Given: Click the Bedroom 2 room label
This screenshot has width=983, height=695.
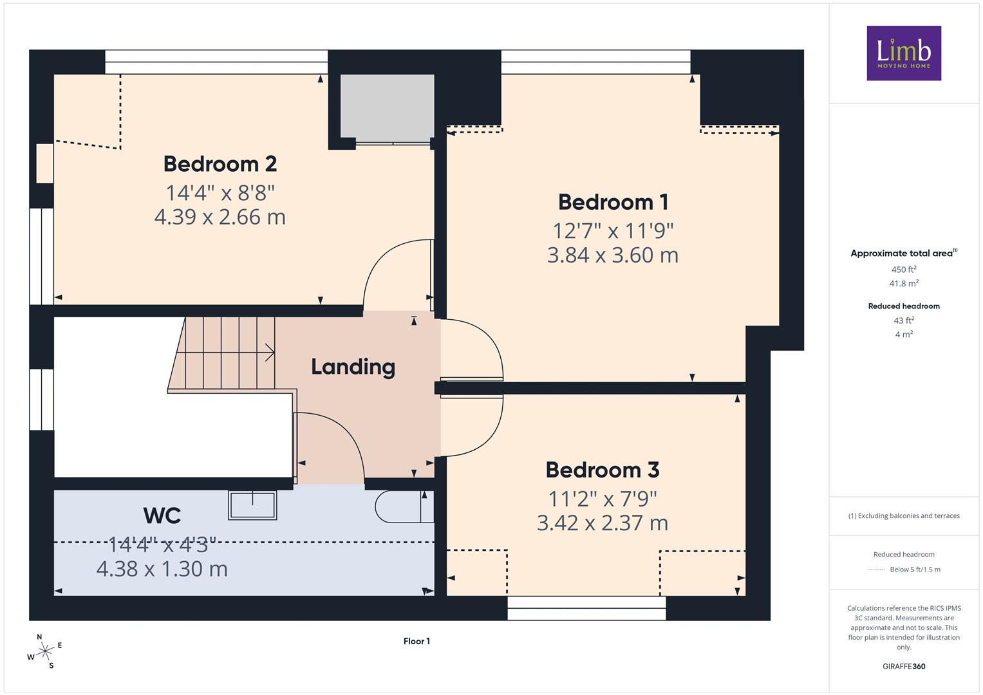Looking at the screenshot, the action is pos(220,164).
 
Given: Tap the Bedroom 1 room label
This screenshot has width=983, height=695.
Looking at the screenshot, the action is pos(613,202).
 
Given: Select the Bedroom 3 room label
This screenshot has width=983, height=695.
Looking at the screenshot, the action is pos(603,470).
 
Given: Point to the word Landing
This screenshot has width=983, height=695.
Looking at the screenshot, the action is pos(353,367).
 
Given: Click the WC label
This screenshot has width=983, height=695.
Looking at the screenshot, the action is pos(162,515).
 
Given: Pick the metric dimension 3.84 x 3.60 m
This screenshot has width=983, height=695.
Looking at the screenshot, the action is pos(613,255).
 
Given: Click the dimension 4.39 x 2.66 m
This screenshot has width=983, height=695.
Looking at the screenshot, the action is pos(220,217).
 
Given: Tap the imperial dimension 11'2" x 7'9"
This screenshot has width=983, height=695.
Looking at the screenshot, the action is pos(603,499).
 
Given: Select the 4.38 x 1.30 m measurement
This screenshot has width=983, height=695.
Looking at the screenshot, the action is pos(162,569).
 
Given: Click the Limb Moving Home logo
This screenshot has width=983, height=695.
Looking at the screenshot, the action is pos(904,53).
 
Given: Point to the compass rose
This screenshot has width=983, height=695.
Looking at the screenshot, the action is pos(44,651).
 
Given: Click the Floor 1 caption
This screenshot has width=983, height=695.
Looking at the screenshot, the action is pos(417,641).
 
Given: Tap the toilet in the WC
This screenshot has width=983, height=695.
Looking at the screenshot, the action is pos(404,507).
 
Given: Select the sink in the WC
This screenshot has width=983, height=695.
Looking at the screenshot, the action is pos(252,505).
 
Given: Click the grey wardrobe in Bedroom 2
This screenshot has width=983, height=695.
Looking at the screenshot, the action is pos(388,108).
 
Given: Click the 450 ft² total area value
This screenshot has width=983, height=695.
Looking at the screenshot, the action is pos(904,270).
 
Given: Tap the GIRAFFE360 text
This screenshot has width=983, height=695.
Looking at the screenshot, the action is pos(904,667).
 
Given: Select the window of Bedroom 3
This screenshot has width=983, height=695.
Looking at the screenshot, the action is pos(586,607).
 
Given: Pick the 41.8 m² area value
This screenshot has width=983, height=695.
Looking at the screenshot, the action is pos(904,283).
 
